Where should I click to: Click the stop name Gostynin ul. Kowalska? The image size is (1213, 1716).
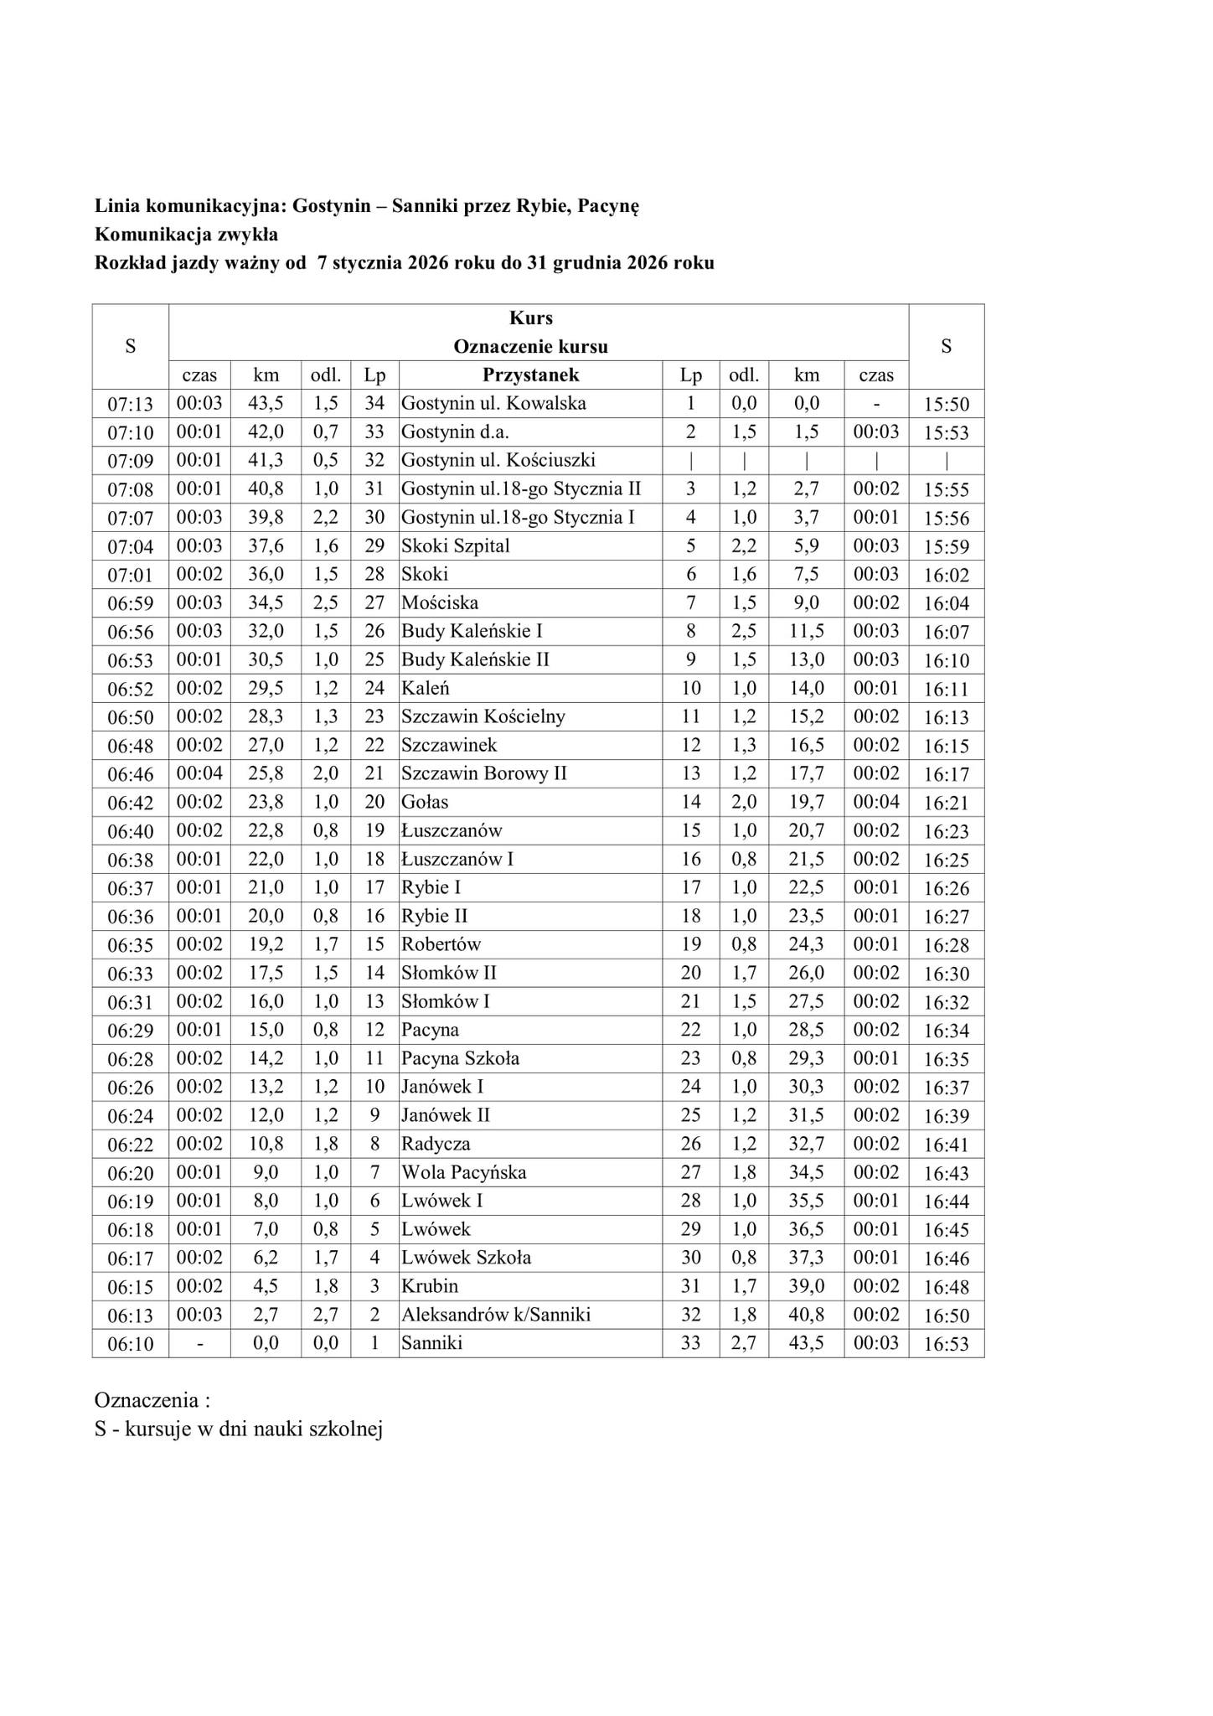(x=493, y=403)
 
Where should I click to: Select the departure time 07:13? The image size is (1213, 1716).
(x=130, y=405)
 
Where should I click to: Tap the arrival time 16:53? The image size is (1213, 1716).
(x=946, y=1344)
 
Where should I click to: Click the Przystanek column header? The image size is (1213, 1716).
(x=530, y=375)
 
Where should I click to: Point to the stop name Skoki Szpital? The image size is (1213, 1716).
(x=455, y=545)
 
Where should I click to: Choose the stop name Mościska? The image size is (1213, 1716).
(x=440, y=602)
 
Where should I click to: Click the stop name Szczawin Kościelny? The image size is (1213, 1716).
(x=483, y=716)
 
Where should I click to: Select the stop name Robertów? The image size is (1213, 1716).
(x=441, y=944)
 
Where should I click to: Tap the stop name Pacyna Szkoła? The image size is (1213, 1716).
(x=460, y=1058)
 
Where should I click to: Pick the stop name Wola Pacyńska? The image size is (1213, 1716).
(x=463, y=1172)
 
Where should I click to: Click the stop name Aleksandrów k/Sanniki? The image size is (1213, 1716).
(x=496, y=1315)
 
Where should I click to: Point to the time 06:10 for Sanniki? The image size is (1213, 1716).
(x=130, y=1344)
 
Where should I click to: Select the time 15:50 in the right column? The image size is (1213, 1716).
(x=946, y=405)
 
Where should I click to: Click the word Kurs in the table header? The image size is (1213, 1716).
(x=530, y=318)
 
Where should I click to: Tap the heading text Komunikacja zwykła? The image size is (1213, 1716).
(x=186, y=234)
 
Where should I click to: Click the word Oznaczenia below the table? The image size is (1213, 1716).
(x=146, y=1400)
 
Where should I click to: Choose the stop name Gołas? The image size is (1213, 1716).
(x=425, y=802)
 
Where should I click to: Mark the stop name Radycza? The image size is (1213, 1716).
(x=436, y=1144)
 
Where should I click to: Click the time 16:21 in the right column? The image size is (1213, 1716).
(x=946, y=803)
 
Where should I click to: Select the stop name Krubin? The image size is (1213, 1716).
(x=430, y=1286)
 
